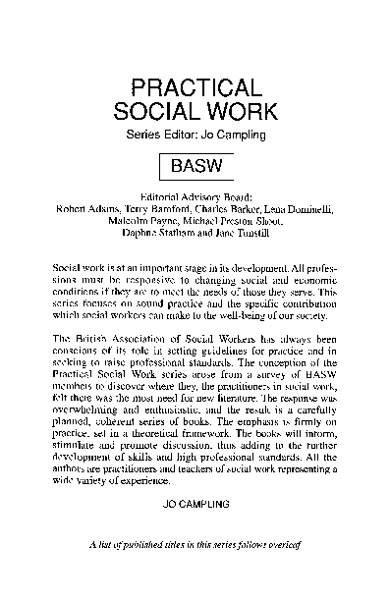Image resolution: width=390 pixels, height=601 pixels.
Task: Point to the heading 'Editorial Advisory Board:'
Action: [x=195, y=194]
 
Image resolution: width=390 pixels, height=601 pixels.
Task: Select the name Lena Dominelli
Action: [x=299, y=207]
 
